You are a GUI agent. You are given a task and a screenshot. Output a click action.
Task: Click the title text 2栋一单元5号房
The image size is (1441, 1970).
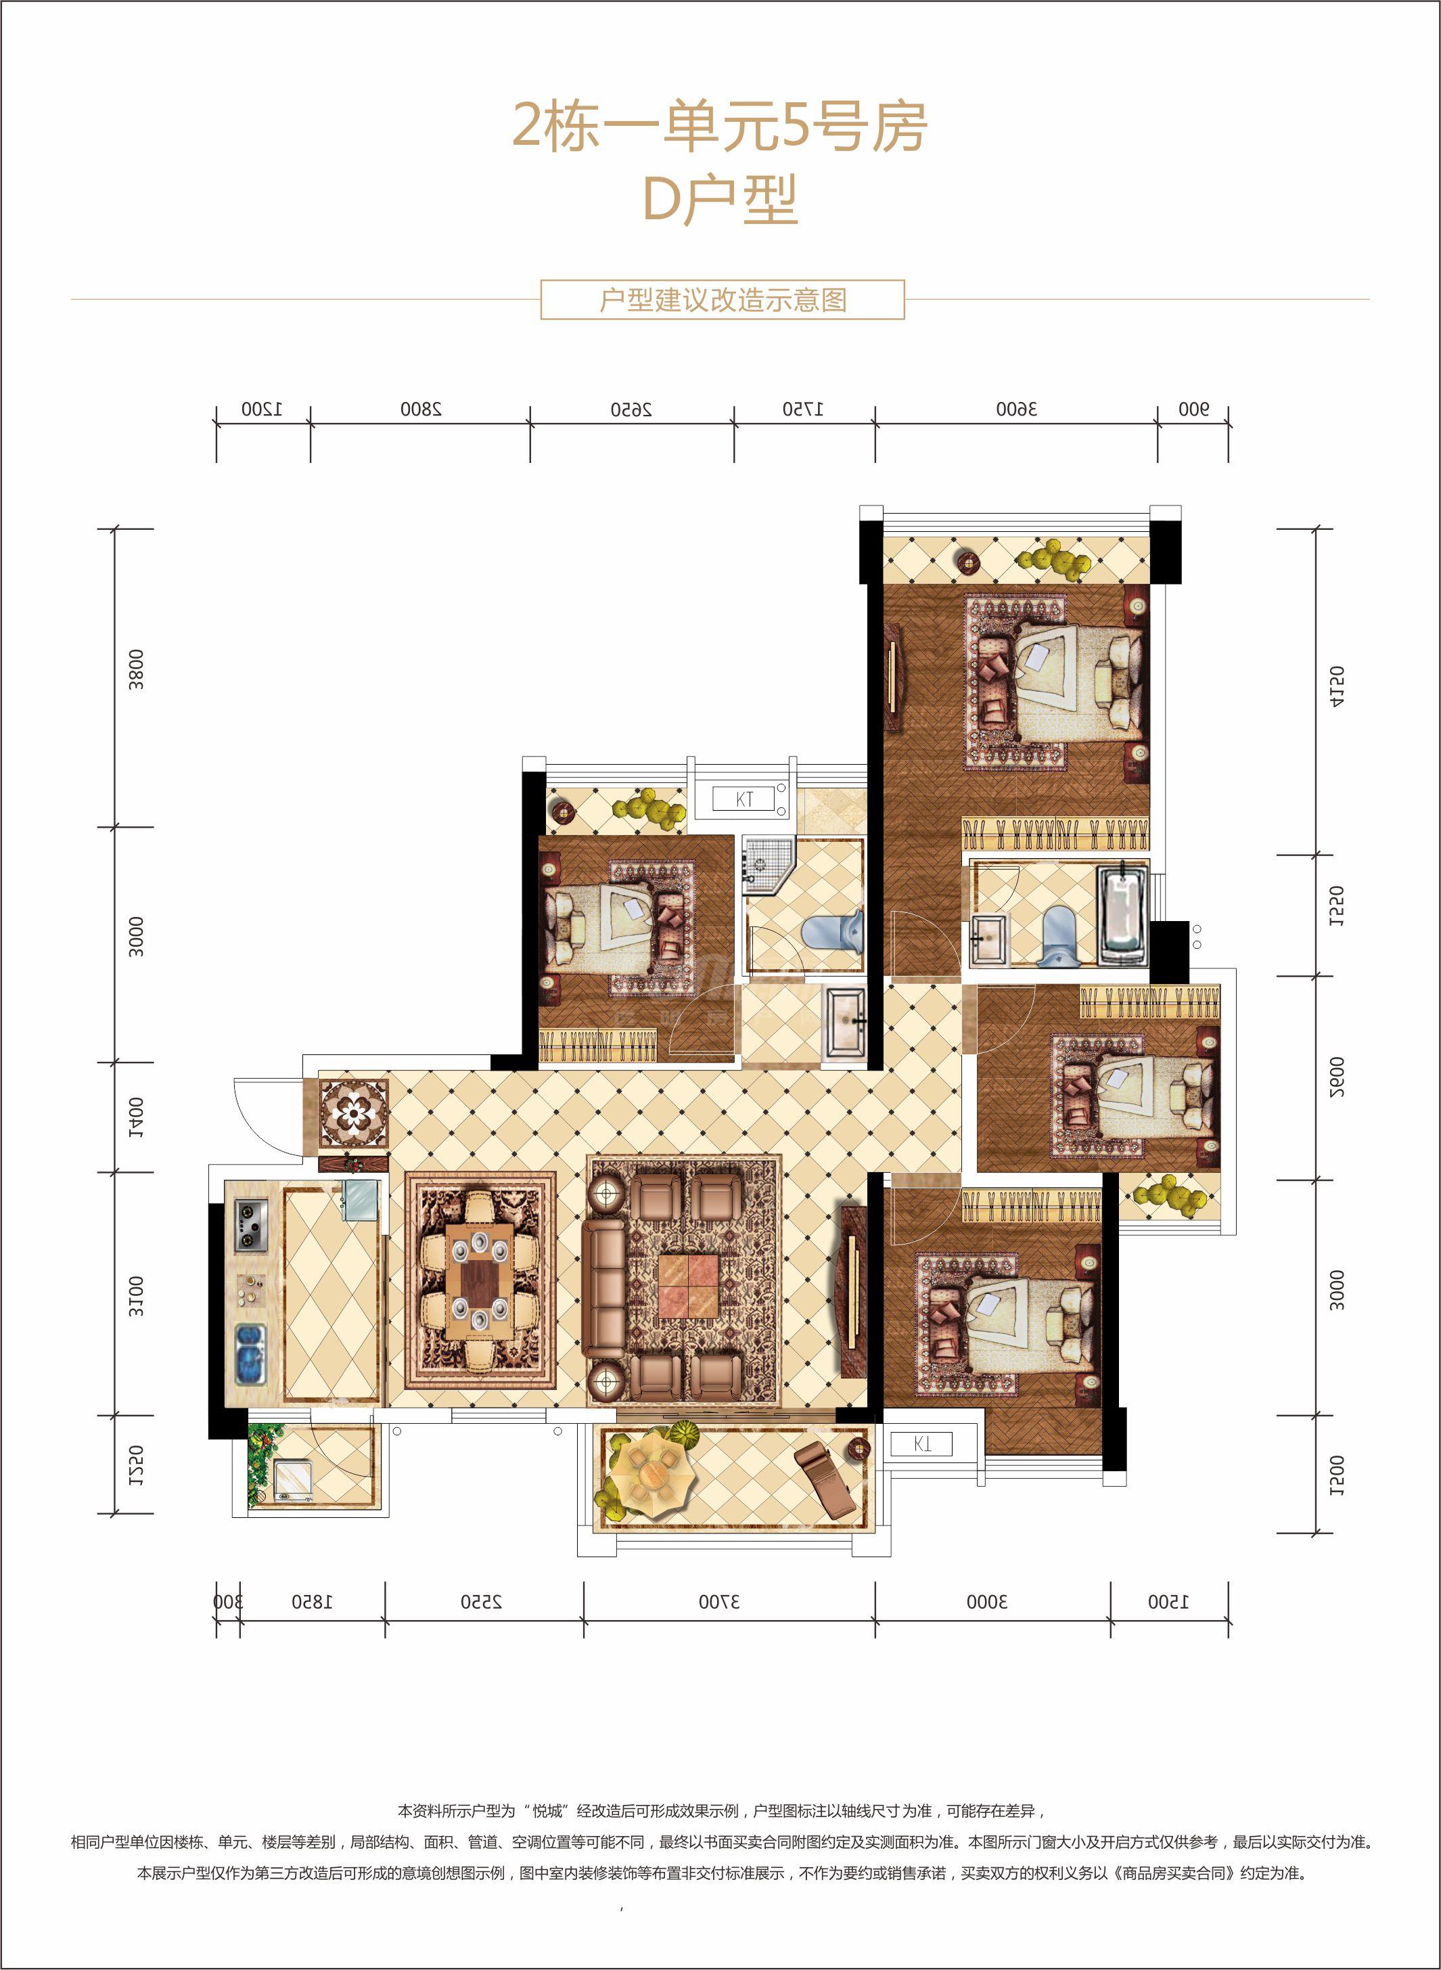click(720, 127)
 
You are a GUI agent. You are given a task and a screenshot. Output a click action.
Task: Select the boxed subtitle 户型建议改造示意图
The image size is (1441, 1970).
click(723, 300)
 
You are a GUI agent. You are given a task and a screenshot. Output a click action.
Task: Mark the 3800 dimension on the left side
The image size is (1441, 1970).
click(136, 669)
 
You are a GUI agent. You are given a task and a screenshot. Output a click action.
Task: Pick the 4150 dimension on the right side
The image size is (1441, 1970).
click(1336, 688)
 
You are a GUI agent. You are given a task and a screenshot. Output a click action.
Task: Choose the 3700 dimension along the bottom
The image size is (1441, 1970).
click(720, 1602)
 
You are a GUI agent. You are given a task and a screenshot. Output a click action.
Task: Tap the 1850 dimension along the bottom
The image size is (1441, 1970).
click(313, 1602)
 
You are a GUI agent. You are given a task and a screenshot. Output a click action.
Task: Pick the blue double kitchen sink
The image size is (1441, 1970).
click(250, 1355)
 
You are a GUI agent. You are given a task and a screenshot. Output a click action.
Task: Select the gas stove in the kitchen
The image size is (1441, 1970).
click(251, 1226)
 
